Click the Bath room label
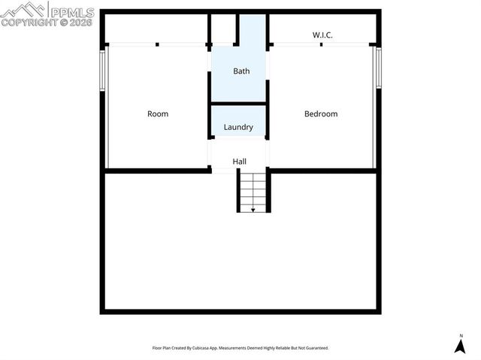pyautogui.click(x=241, y=71)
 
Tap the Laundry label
pyautogui.click(x=238, y=127)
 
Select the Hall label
pyautogui.click(x=239, y=162)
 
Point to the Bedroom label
pyautogui.click(x=321, y=114)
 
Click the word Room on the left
pyautogui.click(x=158, y=114)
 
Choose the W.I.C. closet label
pyautogui.click(x=323, y=35)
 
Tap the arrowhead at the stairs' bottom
pyautogui.click(x=253, y=210)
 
